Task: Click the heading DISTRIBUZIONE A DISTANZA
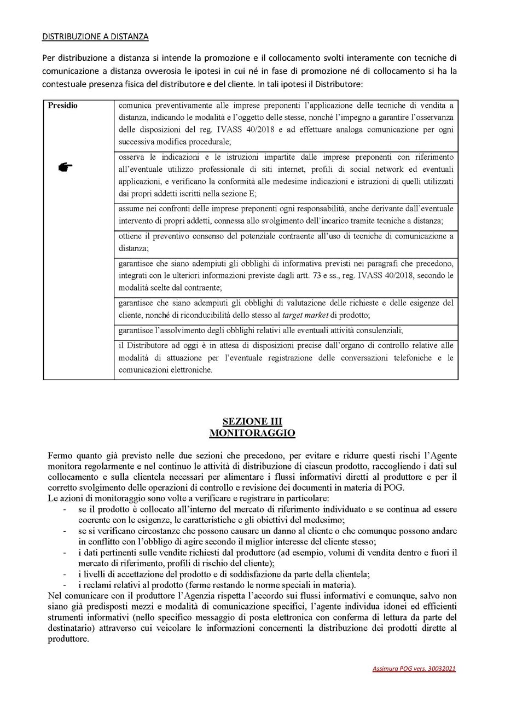click(x=95, y=37)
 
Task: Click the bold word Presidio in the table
click(x=62, y=106)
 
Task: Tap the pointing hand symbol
click(x=65, y=167)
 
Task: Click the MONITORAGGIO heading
click(x=252, y=433)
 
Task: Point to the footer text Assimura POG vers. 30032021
click(x=414, y=669)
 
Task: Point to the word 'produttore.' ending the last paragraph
click(x=68, y=638)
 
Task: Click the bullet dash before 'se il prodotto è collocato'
click(x=65, y=509)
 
